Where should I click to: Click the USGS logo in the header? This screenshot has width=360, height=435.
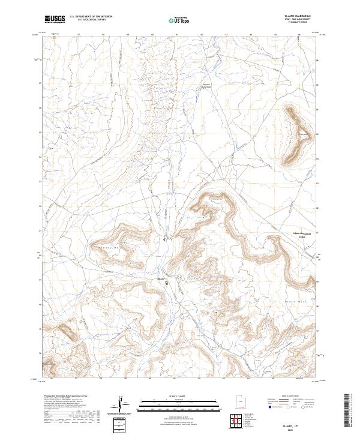tap(55, 19)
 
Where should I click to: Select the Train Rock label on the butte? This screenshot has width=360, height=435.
tap(304, 134)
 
